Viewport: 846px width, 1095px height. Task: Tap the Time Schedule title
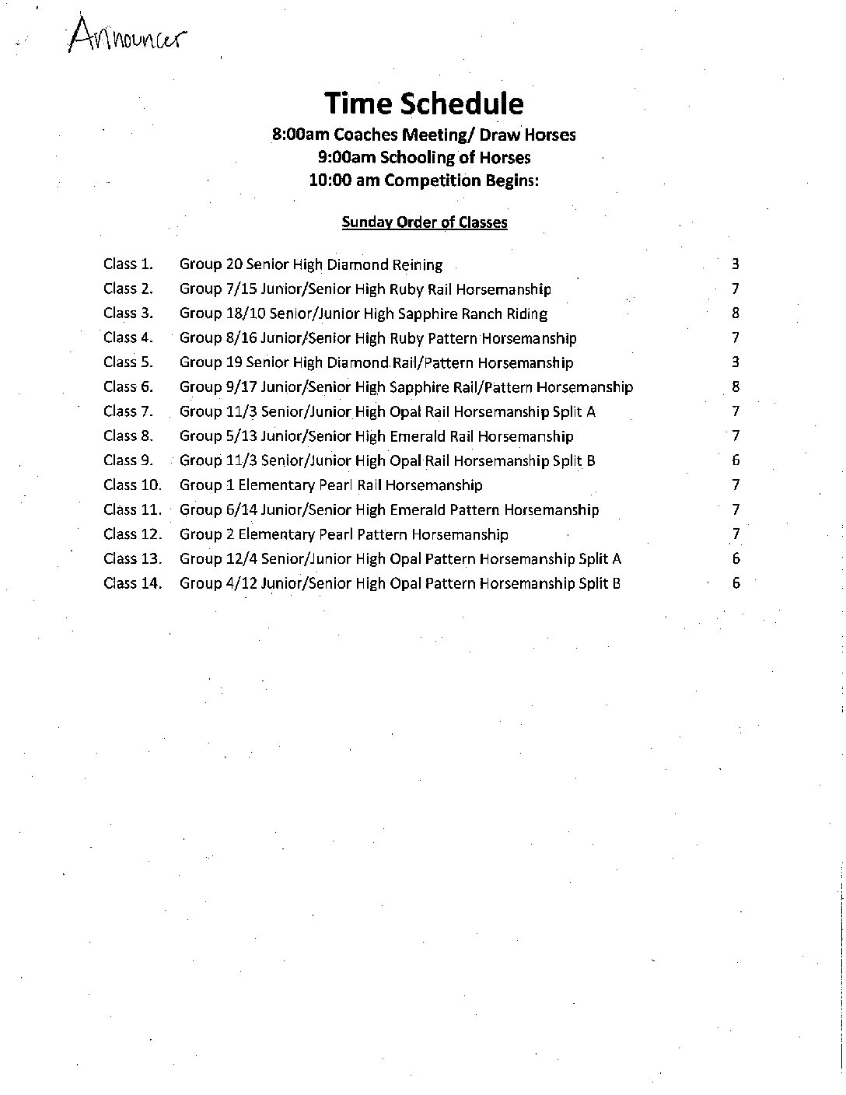pyautogui.click(x=424, y=103)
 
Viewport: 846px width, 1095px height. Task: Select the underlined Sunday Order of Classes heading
pyautogui.click(x=425, y=222)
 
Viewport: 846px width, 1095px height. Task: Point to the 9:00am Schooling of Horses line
pyautogui.click(x=424, y=157)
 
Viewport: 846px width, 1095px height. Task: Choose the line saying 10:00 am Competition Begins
pyautogui.click(x=424, y=180)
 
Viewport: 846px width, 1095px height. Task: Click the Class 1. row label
pyautogui.click(x=128, y=264)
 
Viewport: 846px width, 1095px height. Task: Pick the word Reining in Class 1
pyautogui.click(x=417, y=265)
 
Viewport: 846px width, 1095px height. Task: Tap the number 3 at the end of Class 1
pyautogui.click(x=735, y=264)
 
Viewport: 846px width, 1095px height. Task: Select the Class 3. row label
pyautogui.click(x=128, y=313)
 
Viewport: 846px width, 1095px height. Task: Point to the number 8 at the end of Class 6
pyautogui.click(x=736, y=387)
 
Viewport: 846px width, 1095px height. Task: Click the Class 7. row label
pyautogui.click(x=128, y=411)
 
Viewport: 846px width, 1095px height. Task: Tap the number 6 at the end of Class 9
pyautogui.click(x=736, y=460)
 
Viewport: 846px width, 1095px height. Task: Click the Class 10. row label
pyautogui.click(x=132, y=485)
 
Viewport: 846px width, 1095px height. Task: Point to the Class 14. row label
pyautogui.click(x=132, y=583)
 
